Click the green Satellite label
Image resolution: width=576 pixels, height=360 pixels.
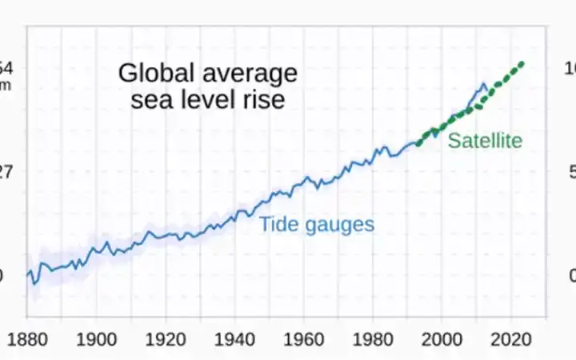pyautogui.click(x=485, y=142)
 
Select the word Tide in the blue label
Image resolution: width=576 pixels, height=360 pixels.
pyautogui.click(x=276, y=224)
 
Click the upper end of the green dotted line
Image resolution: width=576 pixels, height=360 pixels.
pyautogui.click(x=522, y=63)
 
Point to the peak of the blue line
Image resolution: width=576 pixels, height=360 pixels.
pyautogui.click(x=482, y=84)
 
